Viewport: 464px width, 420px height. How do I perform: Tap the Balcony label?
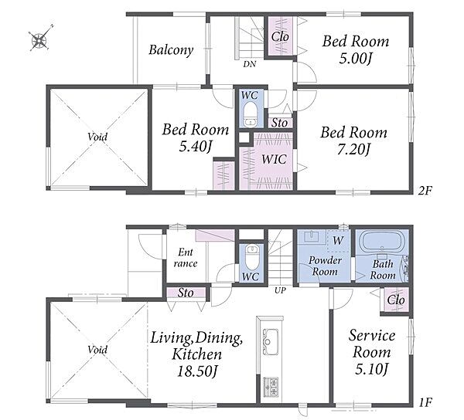[x=171, y=50]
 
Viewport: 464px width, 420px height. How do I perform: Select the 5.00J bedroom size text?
[x=355, y=59]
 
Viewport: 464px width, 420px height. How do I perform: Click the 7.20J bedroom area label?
[x=353, y=150]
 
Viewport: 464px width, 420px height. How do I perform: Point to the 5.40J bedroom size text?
[x=196, y=147]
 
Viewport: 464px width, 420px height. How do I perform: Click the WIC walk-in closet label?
[x=274, y=159]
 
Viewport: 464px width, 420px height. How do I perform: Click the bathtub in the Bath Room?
[x=382, y=242]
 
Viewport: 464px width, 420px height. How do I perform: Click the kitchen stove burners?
[x=271, y=387]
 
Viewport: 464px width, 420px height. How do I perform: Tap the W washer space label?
[x=338, y=241]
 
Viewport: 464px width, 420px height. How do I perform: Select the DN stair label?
[x=250, y=64]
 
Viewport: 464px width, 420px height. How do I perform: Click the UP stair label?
[x=280, y=290]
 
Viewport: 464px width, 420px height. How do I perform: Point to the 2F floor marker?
[x=425, y=191]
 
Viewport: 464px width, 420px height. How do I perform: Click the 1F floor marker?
[x=425, y=402]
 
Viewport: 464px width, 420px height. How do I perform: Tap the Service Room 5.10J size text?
[x=372, y=370]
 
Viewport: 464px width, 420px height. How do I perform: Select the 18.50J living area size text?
[x=196, y=371]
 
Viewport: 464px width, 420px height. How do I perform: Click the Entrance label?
[x=186, y=258]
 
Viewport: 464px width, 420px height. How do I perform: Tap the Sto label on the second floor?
[x=280, y=123]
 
